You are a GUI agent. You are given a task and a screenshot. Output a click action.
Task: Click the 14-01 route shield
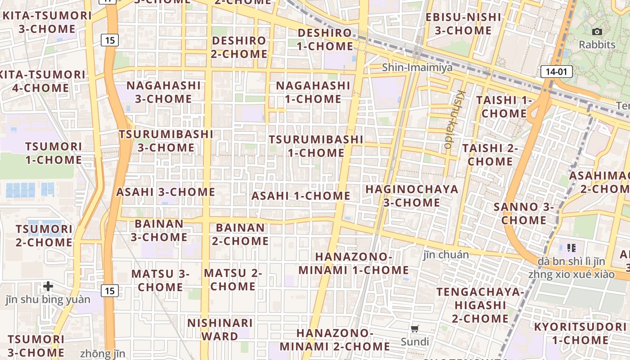click(x=556, y=71)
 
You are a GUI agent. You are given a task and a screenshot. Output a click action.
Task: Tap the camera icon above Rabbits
click(x=597, y=31)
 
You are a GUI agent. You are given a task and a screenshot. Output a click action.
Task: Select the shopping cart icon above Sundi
click(x=415, y=329)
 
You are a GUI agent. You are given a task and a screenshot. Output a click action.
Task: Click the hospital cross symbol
click(x=48, y=286)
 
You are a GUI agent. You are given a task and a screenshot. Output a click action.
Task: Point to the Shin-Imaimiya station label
click(x=417, y=67)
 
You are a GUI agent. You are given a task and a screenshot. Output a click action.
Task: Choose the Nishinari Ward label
click(x=220, y=329)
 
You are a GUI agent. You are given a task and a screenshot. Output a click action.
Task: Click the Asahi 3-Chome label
click(x=166, y=192)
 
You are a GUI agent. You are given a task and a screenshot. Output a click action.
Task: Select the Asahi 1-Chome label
click(x=301, y=196)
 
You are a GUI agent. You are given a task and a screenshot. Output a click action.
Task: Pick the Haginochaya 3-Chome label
click(x=412, y=196)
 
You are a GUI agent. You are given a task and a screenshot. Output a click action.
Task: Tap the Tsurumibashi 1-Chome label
click(x=316, y=146)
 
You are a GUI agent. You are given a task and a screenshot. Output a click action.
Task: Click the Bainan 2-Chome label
click(x=240, y=234)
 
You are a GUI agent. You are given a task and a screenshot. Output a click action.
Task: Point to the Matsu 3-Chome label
click(x=160, y=280)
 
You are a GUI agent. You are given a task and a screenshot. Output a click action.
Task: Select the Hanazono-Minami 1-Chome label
click(x=354, y=263)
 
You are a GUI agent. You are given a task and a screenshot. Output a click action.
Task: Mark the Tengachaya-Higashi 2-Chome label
click(x=480, y=305)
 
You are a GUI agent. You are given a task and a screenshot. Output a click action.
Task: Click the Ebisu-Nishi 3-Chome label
click(x=463, y=24)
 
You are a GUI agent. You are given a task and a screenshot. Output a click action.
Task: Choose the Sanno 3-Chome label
click(x=524, y=213)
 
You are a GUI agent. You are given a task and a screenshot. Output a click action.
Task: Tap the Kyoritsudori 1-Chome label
click(x=580, y=333)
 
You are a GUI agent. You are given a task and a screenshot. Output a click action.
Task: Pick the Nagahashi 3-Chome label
click(x=163, y=92)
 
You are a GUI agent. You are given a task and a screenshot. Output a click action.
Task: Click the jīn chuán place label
click(x=446, y=255)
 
